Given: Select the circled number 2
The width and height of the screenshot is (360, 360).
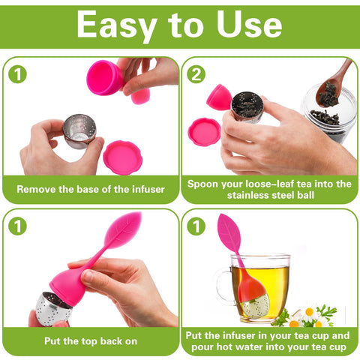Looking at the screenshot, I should (x=196, y=73).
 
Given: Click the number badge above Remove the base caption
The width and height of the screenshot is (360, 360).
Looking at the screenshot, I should (x=17, y=73).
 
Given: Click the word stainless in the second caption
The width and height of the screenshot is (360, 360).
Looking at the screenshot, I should (x=226, y=196).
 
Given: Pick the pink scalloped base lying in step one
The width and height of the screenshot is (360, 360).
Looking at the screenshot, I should (x=122, y=156).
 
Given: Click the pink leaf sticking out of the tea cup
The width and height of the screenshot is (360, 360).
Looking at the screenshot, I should (x=229, y=232).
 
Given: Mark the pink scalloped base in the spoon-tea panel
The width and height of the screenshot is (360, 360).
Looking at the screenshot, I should (x=203, y=131).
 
